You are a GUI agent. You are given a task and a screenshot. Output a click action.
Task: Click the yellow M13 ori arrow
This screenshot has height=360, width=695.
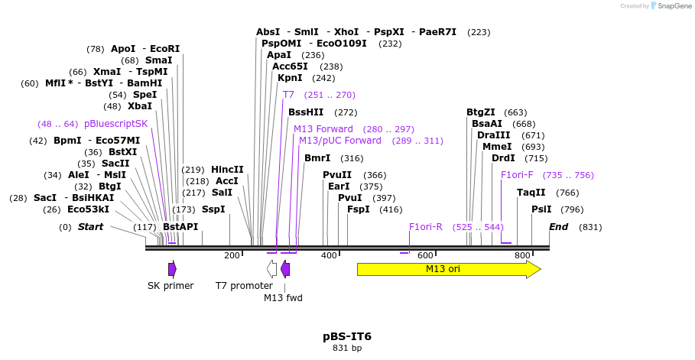448,269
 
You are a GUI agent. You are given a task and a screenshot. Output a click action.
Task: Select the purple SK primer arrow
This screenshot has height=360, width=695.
173,268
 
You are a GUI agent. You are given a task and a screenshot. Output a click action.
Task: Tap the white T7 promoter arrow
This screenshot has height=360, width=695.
271,268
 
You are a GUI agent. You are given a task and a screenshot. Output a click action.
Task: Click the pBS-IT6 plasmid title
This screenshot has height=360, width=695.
347,336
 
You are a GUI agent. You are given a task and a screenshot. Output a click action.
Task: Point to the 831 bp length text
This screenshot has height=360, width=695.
347,349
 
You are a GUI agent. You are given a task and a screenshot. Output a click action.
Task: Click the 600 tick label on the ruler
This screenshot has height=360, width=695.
426,255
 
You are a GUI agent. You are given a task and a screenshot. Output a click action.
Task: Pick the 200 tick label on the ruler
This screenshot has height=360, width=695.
232,255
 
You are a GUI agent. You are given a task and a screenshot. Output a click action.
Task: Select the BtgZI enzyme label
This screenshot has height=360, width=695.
481,112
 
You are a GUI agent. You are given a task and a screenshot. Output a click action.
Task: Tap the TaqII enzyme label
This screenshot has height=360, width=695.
531,193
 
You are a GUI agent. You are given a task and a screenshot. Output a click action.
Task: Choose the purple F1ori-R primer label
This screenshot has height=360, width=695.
426,227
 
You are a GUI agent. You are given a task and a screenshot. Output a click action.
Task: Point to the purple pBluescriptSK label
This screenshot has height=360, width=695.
115,124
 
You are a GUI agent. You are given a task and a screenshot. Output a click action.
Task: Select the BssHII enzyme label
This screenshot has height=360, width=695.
306,112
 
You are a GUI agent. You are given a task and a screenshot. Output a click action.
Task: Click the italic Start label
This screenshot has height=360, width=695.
90,227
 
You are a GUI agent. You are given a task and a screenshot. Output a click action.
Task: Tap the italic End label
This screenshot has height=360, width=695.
559,227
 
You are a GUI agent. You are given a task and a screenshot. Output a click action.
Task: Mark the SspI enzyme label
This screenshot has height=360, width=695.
213,209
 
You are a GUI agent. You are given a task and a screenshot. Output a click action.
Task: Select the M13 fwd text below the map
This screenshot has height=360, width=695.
283,298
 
